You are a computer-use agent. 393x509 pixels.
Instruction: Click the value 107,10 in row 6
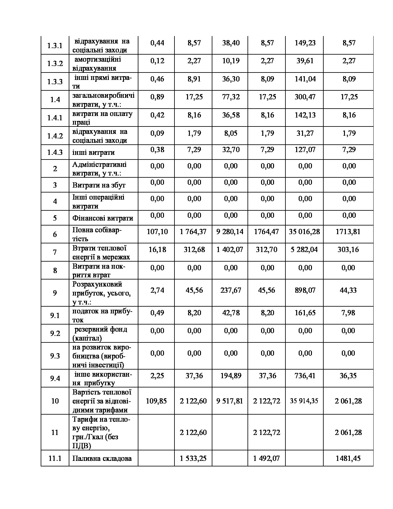tap(157, 231)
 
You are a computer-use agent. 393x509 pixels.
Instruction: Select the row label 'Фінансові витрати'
tap(103, 218)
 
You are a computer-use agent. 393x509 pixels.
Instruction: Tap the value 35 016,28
tap(305, 231)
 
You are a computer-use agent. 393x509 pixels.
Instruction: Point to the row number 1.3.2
tap(55, 64)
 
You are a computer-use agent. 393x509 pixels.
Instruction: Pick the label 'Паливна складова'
tap(102, 458)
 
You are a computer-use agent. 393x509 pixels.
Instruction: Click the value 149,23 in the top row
tap(305, 43)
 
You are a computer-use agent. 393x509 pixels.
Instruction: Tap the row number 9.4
tap(55, 378)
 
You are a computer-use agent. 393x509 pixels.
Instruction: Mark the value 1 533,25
tap(193, 458)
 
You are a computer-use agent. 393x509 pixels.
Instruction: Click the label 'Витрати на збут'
tap(99, 185)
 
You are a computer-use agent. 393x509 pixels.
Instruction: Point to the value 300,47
tap(305, 97)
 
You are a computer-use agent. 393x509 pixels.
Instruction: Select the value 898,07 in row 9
tap(305, 290)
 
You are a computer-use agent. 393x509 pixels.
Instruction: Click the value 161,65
tap(305, 313)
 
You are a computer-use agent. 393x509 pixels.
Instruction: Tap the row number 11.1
tap(55, 458)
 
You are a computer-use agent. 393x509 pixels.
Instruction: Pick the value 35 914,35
tap(304, 401)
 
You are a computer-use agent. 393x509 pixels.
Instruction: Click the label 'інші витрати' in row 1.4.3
tap(93, 152)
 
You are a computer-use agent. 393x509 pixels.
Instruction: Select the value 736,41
tap(305, 376)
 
